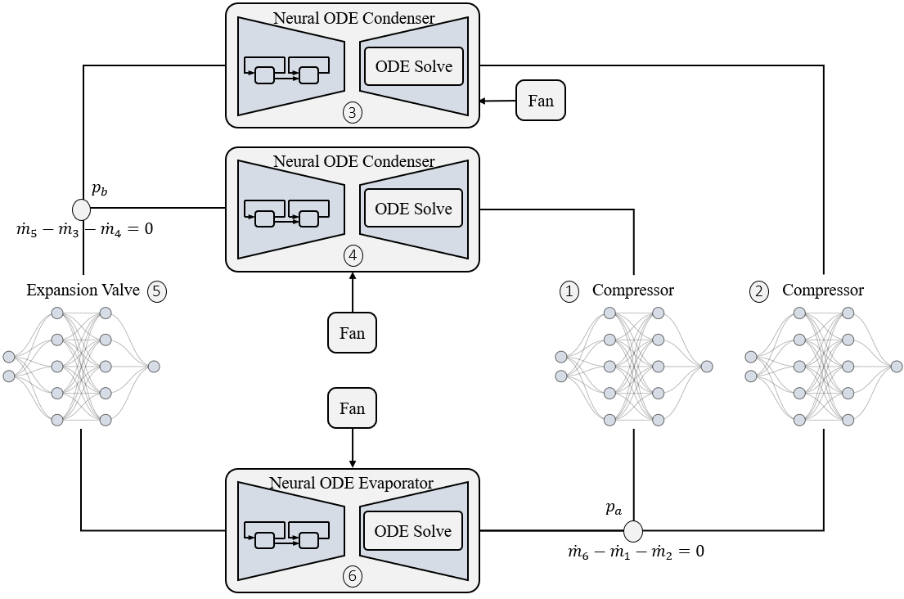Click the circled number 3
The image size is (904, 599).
353,113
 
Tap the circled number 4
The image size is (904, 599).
353,255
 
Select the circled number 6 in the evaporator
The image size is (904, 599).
353,577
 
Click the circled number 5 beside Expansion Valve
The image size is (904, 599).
157,290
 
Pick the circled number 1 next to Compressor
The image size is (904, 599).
569,290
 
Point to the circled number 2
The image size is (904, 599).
759,290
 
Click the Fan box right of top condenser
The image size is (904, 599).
541,101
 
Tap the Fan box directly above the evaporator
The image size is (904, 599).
352,408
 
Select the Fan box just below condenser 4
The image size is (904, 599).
352,333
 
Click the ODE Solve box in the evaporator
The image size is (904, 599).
413,531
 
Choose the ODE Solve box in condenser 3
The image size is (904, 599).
413,66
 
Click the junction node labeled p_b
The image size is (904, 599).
82,207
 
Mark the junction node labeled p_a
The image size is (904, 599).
633,530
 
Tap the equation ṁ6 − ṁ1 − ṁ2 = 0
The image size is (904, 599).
636,552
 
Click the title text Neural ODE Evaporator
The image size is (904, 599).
352,483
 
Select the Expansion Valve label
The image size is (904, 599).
83,290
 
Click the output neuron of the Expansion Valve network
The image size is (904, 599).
153,367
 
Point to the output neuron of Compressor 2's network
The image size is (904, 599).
897,367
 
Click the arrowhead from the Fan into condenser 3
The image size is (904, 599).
483,101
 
